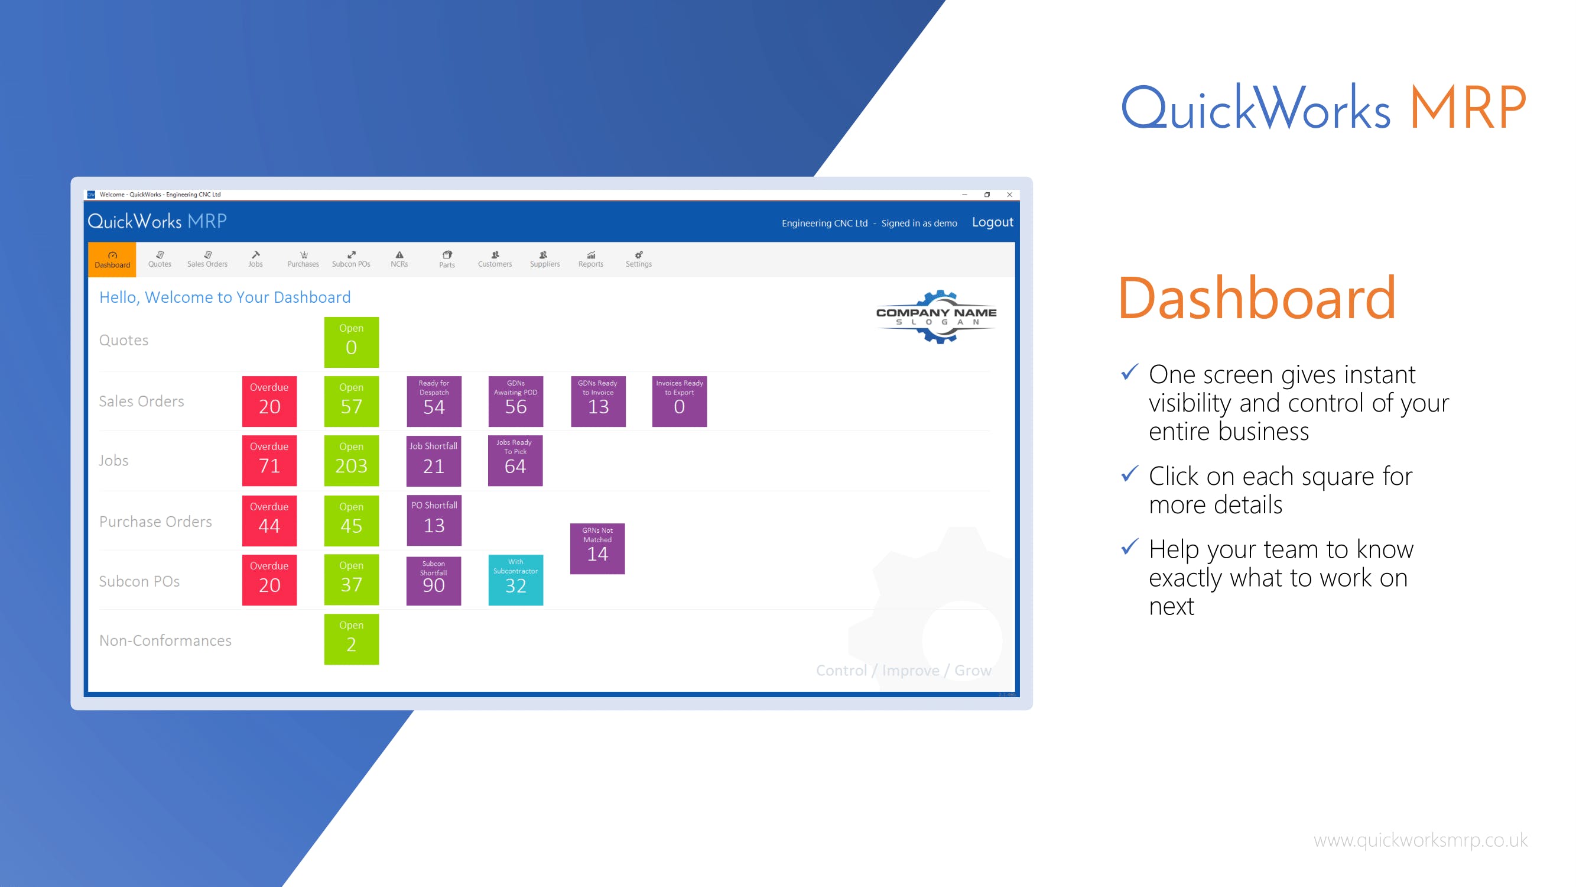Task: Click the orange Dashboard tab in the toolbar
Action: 112,260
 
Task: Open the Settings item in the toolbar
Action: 638,260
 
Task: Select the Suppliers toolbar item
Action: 544,260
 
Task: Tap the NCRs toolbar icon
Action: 399,260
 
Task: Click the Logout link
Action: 992,222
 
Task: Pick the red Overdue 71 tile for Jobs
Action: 269,460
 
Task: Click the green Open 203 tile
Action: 351,460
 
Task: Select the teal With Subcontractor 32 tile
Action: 516,580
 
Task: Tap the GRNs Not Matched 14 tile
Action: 597,549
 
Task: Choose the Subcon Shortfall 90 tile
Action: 434,580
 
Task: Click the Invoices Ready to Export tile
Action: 679,401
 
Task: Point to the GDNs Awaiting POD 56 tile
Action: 516,401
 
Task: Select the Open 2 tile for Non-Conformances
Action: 351,639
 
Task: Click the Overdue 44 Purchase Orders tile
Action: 269,520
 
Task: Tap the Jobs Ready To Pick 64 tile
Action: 515,460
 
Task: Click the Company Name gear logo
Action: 937,317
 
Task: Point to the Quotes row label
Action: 124,341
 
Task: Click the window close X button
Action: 1009,195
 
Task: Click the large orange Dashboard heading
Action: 1257,298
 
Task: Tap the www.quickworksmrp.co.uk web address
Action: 1421,840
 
